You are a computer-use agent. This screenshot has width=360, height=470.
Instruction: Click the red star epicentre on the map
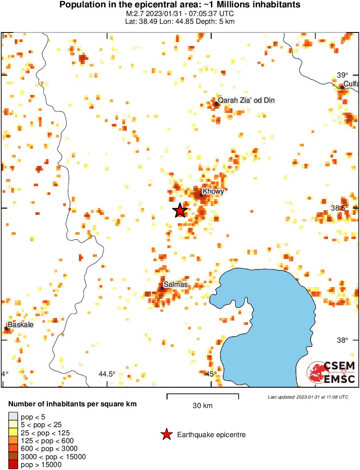[180, 211]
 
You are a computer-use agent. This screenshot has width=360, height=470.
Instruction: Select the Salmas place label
[176, 284]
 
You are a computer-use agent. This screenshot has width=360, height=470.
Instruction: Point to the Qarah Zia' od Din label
[246, 100]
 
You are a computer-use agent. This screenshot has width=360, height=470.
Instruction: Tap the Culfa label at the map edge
[351, 84]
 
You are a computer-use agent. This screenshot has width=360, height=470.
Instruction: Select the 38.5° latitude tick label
[340, 208]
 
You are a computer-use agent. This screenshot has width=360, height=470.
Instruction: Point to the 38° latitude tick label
[342, 340]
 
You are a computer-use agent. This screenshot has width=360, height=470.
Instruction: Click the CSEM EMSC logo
[331, 373]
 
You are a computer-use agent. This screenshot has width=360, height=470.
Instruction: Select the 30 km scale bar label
[202, 406]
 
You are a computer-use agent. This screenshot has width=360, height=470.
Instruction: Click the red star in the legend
[166, 434]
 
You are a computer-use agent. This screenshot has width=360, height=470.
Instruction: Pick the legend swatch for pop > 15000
[13, 465]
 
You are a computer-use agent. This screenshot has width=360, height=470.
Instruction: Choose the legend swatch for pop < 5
[13, 417]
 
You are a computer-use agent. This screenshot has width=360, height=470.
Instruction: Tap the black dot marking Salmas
[162, 288]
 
